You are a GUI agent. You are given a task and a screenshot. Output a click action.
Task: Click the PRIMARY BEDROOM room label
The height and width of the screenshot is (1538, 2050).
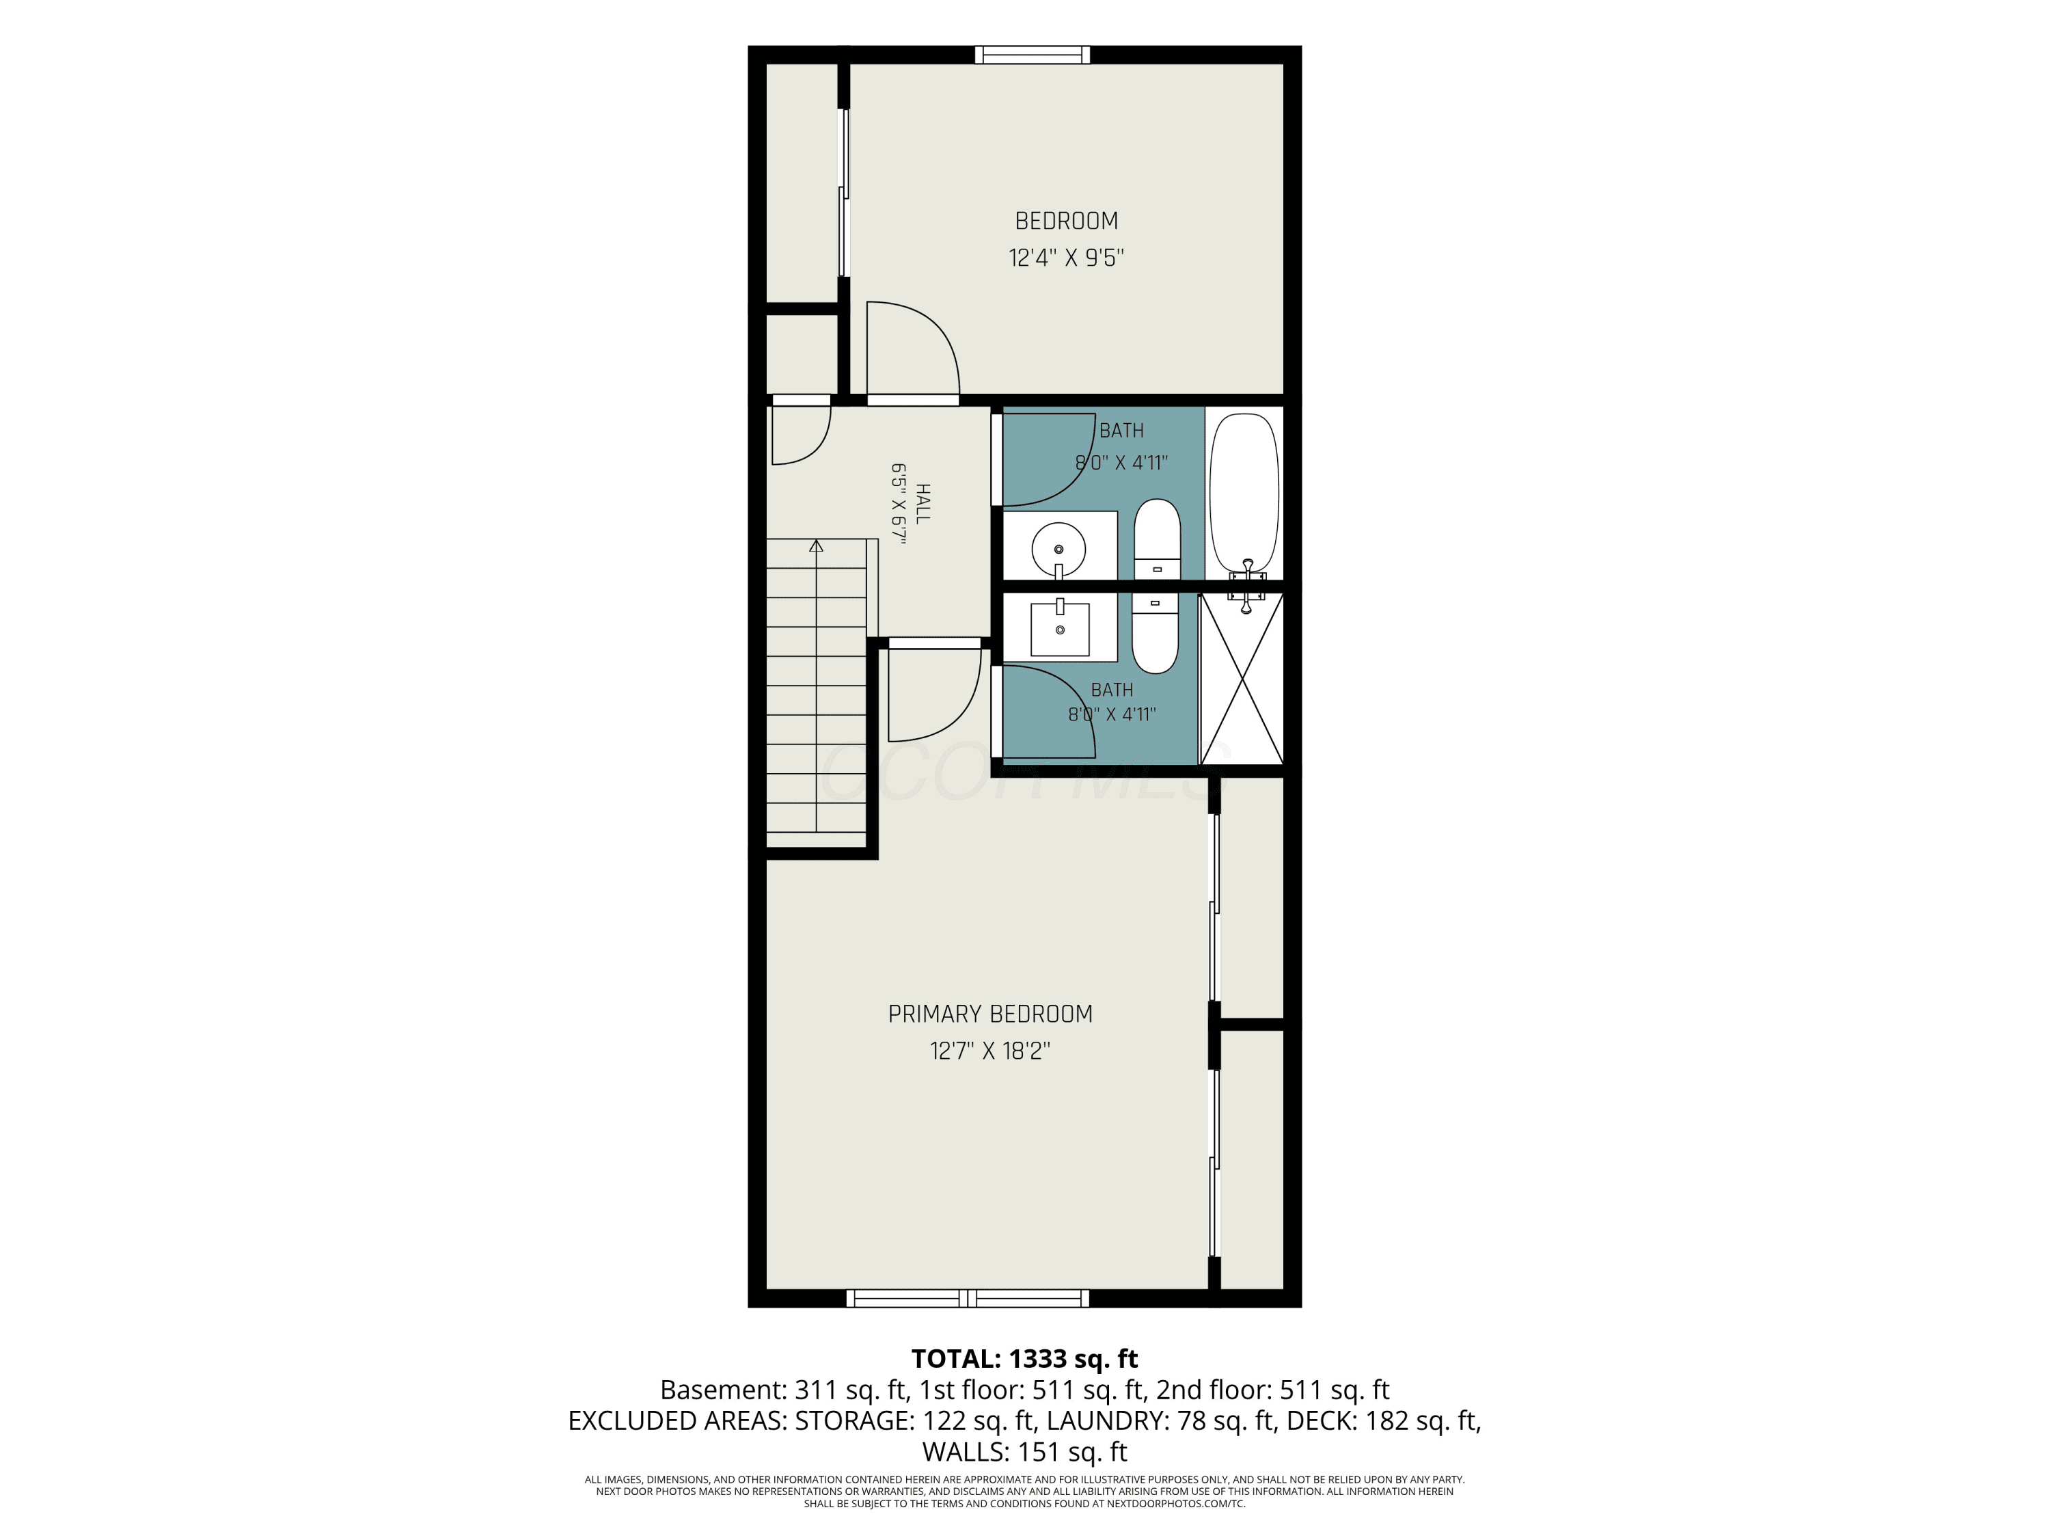(989, 1014)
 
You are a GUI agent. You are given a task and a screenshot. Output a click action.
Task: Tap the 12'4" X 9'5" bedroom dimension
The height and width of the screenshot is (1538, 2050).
(1066, 258)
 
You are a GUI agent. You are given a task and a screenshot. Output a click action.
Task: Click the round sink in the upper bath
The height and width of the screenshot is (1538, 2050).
(1058, 549)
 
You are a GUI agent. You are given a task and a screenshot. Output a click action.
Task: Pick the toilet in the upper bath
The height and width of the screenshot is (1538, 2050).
(1158, 539)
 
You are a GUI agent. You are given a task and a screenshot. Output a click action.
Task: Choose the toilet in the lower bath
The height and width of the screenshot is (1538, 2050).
(1155, 633)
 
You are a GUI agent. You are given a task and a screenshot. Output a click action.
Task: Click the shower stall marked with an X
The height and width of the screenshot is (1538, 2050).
(1242, 679)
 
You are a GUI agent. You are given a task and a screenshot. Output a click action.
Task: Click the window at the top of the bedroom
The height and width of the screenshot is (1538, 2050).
(1033, 55)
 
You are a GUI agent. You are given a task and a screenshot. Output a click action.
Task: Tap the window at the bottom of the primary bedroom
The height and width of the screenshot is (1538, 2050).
(968, 1298)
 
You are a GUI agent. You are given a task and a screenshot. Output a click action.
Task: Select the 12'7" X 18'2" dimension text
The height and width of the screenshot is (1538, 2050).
(989, 1051)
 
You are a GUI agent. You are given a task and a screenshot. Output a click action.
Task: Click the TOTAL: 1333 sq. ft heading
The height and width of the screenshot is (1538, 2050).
(1024, 1359)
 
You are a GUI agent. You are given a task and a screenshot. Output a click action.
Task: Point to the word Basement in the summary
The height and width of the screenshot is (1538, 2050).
(723, 1390)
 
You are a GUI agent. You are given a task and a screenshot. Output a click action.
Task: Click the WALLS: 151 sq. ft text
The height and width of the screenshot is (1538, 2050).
(1024, 1452)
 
